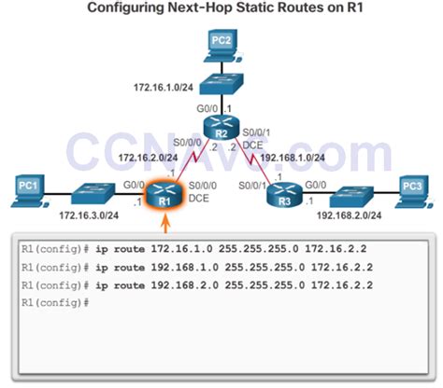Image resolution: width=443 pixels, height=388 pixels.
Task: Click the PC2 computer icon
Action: (221, 43)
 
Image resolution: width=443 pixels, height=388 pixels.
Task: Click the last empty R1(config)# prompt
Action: (54, 303)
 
